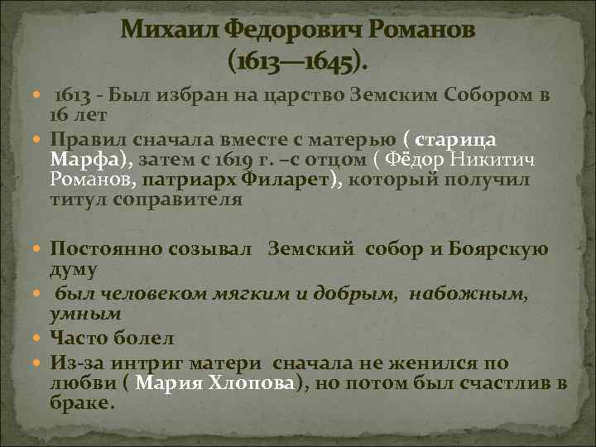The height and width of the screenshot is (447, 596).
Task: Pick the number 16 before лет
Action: (60, 113)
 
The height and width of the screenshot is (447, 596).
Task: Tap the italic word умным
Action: (85, 314)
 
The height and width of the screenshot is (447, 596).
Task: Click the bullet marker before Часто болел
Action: (41, 336)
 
